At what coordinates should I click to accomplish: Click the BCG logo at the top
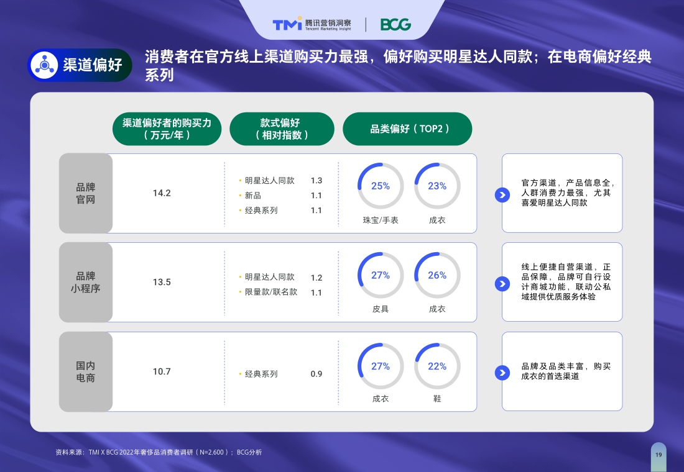click(395, 25)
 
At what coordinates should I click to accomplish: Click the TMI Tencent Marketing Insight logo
click(312, 24)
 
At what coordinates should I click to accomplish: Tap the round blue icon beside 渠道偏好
click(45, 65)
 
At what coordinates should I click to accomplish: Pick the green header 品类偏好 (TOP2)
click(407, 129)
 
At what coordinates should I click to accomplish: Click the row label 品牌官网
click(86, 193)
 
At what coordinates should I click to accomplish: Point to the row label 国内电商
click(86, 371)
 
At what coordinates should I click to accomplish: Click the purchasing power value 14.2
click(162, 193)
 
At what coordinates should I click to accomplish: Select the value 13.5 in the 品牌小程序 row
click(162, 282)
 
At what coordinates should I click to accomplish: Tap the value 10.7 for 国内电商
click(162, 371)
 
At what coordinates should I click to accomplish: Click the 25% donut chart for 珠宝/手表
click(381, 186)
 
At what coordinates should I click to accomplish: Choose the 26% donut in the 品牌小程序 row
click(437, 275)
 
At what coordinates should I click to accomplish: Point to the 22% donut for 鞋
click(437, 366)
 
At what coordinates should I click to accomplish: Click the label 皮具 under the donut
click(381, 309)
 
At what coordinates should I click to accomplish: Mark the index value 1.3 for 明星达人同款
click(317, 181)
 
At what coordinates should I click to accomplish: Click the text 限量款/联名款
click(271, 292)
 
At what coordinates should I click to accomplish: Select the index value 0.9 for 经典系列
click(317, 374)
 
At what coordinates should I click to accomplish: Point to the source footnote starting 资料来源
click(159, 452)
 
